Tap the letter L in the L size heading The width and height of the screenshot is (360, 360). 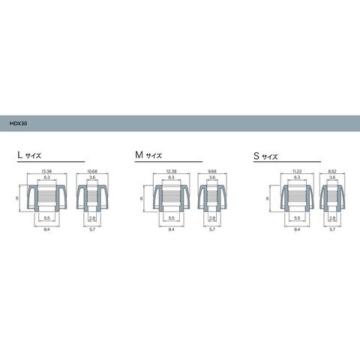pos(19,155)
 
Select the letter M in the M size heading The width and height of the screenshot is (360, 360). pos(139,155)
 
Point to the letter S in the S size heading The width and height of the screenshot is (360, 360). pos(256,156)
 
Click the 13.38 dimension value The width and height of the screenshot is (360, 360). pos(46,171)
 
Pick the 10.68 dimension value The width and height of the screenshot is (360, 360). pos(92,171)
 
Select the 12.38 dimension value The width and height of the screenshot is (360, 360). pos(171,171)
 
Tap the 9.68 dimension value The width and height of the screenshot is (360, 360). pos(212,171)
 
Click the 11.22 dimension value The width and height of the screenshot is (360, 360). pos(297,171)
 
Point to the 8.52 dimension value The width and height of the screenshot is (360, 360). pos(332,171)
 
